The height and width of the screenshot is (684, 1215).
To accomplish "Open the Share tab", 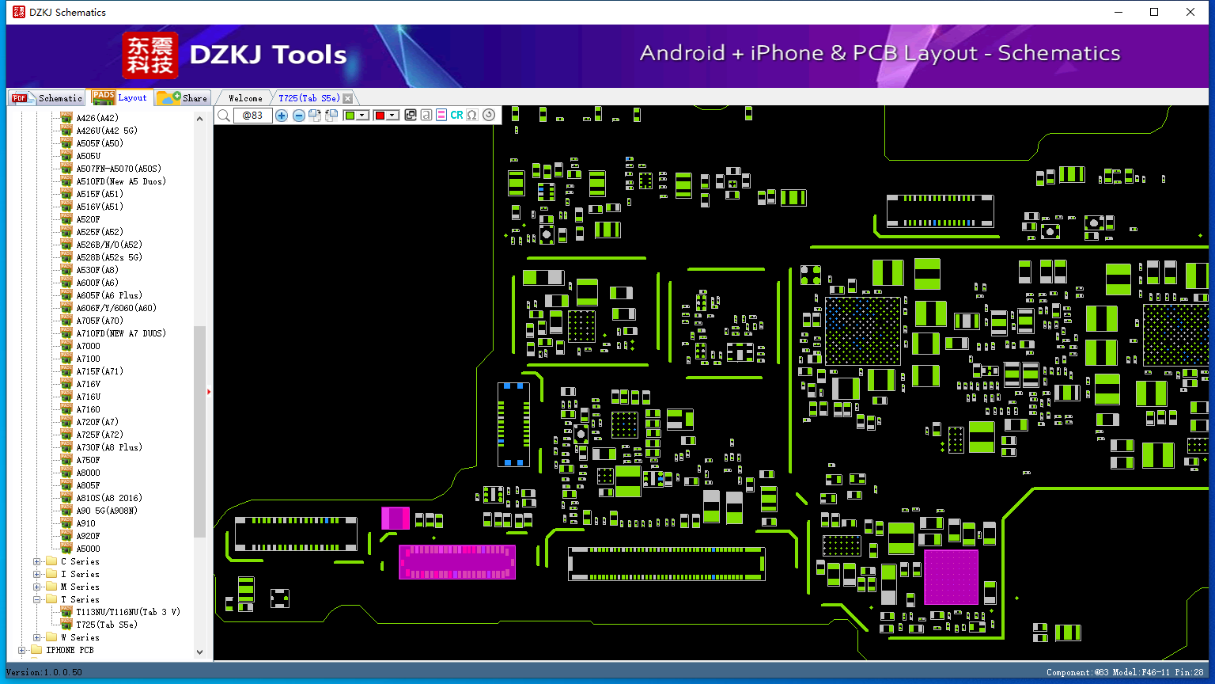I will [183, 98].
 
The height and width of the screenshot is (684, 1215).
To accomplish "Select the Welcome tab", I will [245, 98].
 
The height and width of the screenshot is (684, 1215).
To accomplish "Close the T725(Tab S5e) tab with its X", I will [347, 98].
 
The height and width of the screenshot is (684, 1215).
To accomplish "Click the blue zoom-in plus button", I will [282, 116].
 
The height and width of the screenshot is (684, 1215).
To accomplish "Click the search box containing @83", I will [252, 116].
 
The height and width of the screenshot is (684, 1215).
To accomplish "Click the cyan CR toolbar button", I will [456, 116].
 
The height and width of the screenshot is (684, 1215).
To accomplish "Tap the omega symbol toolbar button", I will [472, 116].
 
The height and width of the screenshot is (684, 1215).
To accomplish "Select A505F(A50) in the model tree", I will [99, 143].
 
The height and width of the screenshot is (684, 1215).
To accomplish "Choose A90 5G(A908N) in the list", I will [106, 511].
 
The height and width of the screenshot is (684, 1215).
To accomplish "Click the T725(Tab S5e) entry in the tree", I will [106, 625].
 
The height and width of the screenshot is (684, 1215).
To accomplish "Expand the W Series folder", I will [37, 637].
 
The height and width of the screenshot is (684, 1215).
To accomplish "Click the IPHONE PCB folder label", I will [70, 650].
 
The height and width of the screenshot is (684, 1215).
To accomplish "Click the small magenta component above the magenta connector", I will [396, 518].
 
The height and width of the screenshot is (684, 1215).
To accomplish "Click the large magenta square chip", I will [951, 577].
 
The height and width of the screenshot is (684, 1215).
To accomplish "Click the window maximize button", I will [1154, 12].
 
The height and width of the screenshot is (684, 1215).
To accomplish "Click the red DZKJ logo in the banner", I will [150, 55].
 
